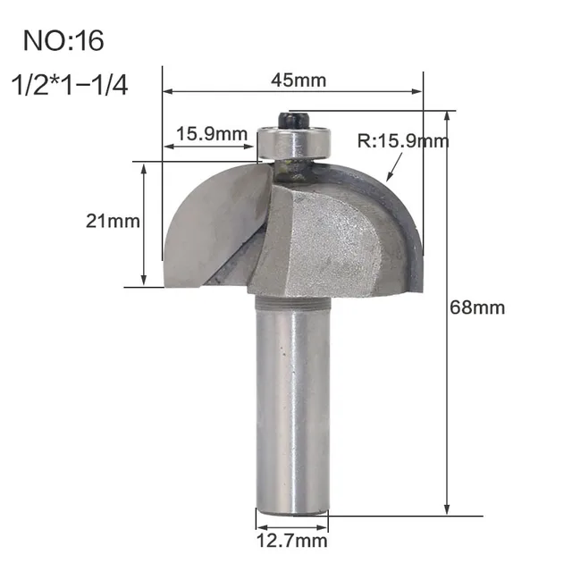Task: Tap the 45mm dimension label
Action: (x=298, y=80)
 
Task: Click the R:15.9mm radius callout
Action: (x=401, y=140)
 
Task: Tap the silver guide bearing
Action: (x=295, y=140)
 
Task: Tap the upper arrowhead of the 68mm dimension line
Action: (x=446, y=115)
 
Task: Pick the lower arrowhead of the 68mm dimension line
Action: (x=446, y=510)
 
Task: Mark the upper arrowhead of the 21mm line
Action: (x=144, y=167)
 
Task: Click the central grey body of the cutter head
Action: (x=322, y=237)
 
